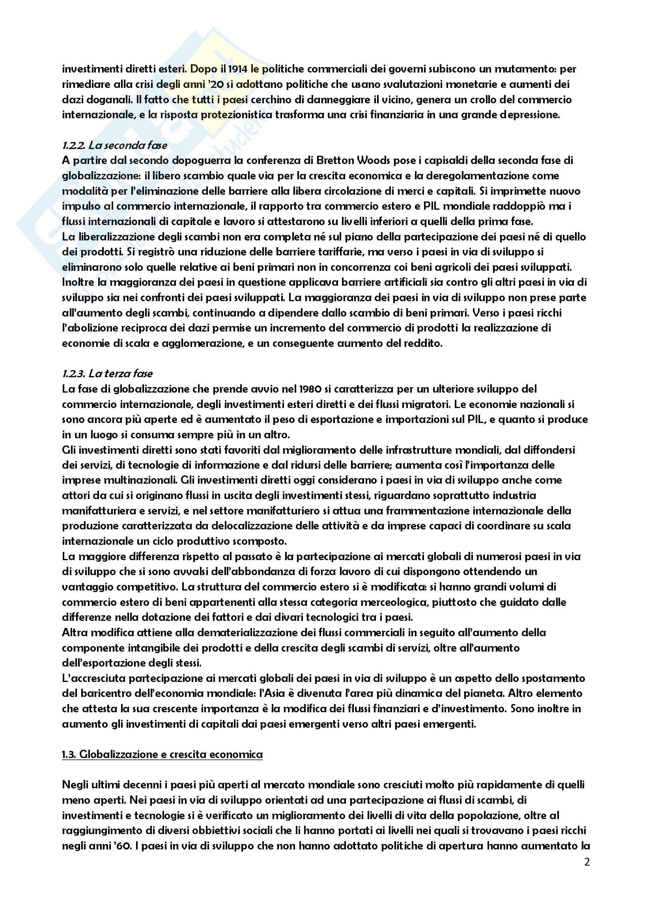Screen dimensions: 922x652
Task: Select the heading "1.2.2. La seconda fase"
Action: [114, 145]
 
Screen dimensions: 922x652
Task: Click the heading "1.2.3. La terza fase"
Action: [107, 374]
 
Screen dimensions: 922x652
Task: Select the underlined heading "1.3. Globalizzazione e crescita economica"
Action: [162, 754]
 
